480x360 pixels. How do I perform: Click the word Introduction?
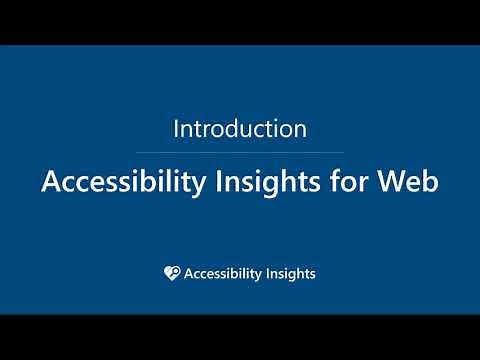[x=239, y=129]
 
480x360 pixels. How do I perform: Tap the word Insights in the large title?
[x=261, y=183]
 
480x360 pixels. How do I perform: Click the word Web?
[x=411, y=183]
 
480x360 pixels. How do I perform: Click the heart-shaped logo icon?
[x=171, y=272]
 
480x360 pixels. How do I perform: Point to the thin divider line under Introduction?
[x=239, y=153]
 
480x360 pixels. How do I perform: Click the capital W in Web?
[x=396, y=183]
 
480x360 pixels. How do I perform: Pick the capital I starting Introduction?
[x=176, y=129]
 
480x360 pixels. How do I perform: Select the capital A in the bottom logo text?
[x=189, y=272]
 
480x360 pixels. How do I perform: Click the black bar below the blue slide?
[x=239, y=337]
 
